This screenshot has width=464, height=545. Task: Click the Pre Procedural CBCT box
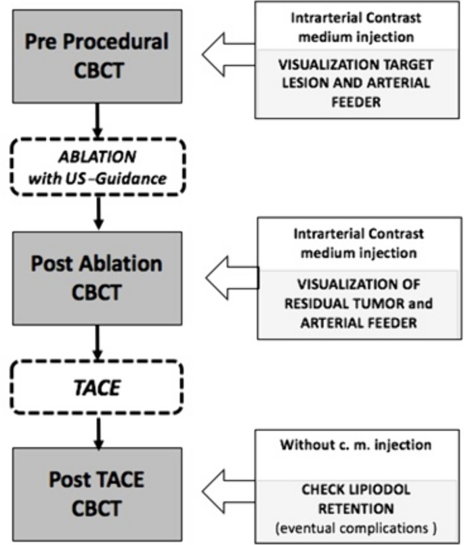(x=97, y=56)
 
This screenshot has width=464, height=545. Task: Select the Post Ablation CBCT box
(x=97, y=278)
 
